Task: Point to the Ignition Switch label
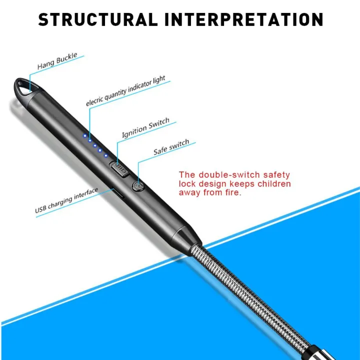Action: [x=145, y=128]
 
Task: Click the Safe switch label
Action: [x=171, y=147]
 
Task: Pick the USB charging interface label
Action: [x=66, y=201]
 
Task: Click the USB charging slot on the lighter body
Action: [x=114, y=193]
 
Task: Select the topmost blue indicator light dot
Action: [x=85, y=135]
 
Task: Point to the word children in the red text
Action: [x=271, y=184]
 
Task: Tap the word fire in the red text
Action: [x=232, y=193]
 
